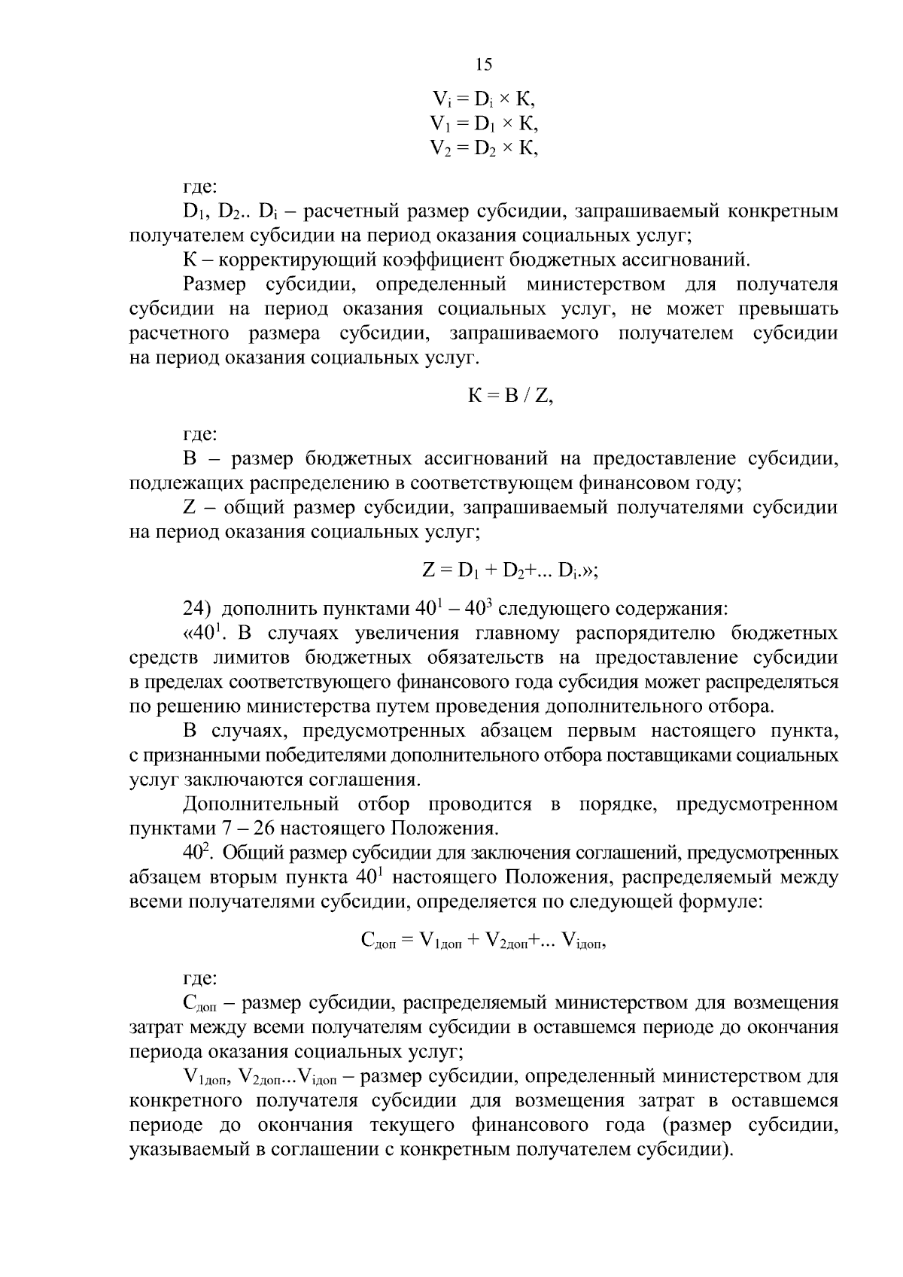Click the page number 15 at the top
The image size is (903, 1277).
[x=484, y=65]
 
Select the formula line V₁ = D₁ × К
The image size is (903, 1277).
[x=484, y=123]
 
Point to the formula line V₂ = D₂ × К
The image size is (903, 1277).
[x=484, y=147]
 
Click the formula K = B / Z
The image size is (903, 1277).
[x=511, y=396]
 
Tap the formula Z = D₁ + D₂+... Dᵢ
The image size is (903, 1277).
[x=510, y=570]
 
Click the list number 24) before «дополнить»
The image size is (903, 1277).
[x=197, y=608]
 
